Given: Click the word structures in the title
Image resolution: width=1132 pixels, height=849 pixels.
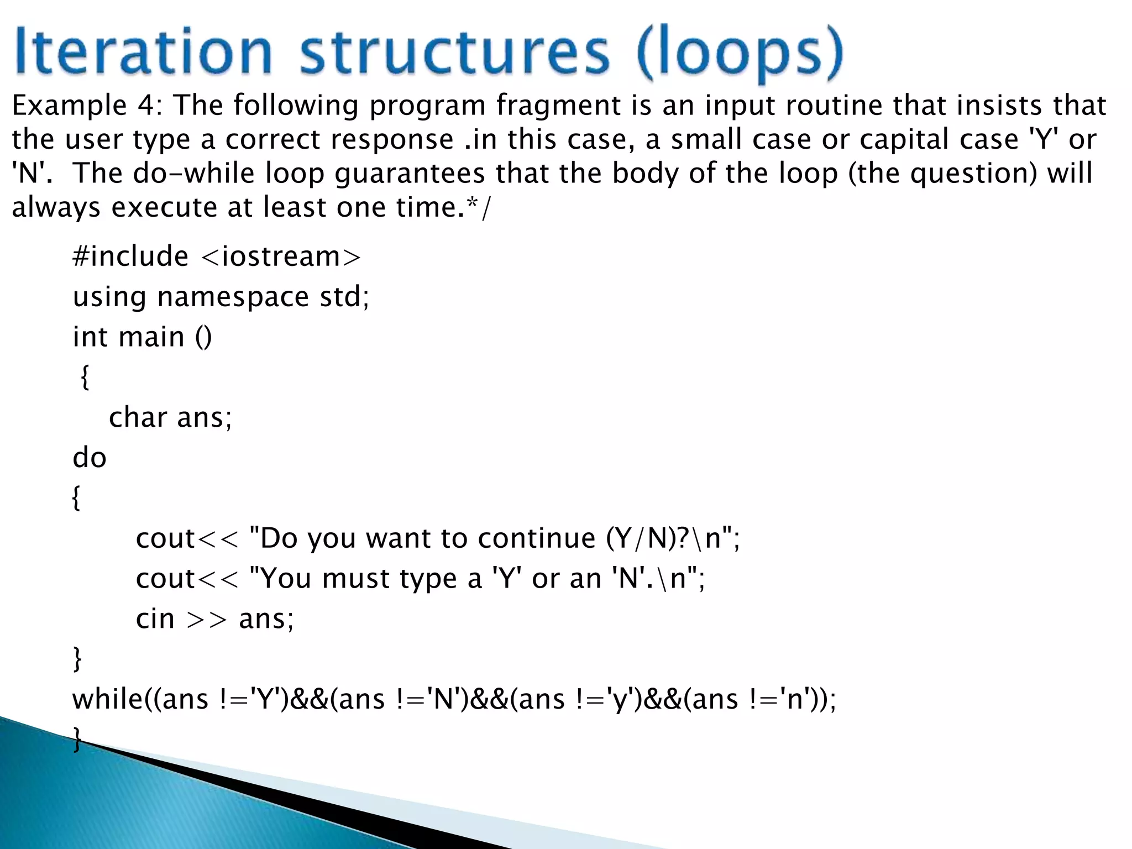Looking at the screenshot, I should [x=454, y=53].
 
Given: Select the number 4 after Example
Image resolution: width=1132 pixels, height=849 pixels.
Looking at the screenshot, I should [x=146, y=105].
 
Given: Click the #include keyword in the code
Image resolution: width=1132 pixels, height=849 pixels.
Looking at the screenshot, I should [x=130, y=256].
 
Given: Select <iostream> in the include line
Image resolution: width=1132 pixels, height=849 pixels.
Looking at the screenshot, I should [x=281, y=256].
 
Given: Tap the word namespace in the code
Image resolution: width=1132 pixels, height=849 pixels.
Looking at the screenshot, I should [x=233, y=297].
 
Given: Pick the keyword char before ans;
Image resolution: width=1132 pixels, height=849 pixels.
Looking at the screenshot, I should [x=138, y=417].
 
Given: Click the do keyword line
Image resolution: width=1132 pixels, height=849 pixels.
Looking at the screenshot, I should [x=89, y=458].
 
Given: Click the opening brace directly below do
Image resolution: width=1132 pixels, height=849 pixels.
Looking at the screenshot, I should [x=77, y=498].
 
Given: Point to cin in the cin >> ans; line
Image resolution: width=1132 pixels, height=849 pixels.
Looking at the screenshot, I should [x=155, y=619].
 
